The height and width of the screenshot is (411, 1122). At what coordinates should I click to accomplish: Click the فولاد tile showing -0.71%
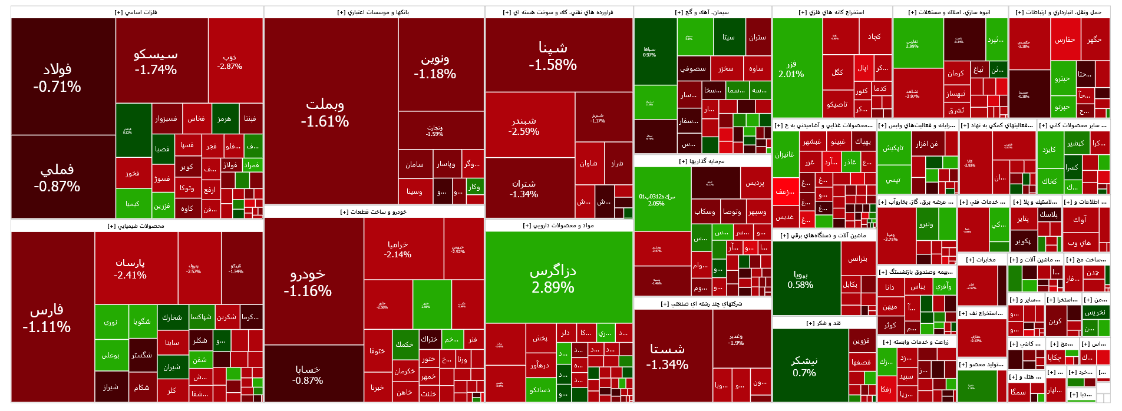(x=57, y=77)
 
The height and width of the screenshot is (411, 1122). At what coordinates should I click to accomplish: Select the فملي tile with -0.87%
(x=57, y=177)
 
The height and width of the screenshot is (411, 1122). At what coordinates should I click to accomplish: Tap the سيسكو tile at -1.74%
(x=156, y=61)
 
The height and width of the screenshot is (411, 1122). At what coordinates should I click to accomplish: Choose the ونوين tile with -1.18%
(x=435, y=66)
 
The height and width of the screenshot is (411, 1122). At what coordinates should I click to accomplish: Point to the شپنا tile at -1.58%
(x=553, y=55)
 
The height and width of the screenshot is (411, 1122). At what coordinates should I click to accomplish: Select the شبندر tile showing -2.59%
(x=524, y=125)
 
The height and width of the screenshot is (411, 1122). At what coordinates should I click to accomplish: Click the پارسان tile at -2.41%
(x=130, y=268)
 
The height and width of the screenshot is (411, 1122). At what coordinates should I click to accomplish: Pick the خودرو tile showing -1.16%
(x=308, y=281)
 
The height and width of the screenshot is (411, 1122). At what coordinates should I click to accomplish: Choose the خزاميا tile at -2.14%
(x=398, y=249)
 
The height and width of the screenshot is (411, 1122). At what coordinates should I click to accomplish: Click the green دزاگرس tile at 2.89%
(x=553, y=278)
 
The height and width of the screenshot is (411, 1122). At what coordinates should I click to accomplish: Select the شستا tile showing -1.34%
(x=667, y=356)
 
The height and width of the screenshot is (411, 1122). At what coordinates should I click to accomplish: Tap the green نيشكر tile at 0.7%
(x=804, y=366)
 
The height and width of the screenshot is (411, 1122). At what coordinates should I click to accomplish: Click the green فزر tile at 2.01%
(x=791, y=69)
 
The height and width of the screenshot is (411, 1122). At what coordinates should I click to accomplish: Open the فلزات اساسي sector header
(x=136, y=12)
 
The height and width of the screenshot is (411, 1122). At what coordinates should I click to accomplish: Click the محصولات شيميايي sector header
(x=136, y=226)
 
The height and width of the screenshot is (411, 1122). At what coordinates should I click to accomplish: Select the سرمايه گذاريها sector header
(x=702, y=161)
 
